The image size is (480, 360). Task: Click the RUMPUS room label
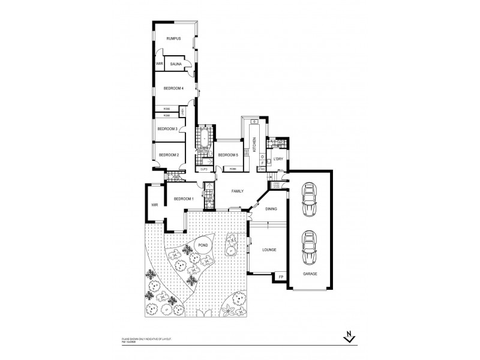(x=174, y=38)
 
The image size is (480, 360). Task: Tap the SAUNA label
(x=176, y=64)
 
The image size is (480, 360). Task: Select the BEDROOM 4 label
(x=173, y=89)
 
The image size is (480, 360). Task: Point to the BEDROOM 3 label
(x=167, y=128)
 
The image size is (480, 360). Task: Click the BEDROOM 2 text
(x=169, y=155)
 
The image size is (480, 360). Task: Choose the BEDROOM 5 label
(x=228, y=155)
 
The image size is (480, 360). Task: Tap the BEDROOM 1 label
(x=184, y=199)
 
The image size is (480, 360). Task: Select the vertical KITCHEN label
(x=254, y=144)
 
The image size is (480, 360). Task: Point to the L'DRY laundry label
(x=278, y=159)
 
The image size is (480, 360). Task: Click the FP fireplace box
(x=280, y=277)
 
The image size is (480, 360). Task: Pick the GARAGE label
(x=310, y=274)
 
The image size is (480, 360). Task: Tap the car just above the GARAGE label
(x=309, y=247)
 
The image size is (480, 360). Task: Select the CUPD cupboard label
(x=205, y=169)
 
